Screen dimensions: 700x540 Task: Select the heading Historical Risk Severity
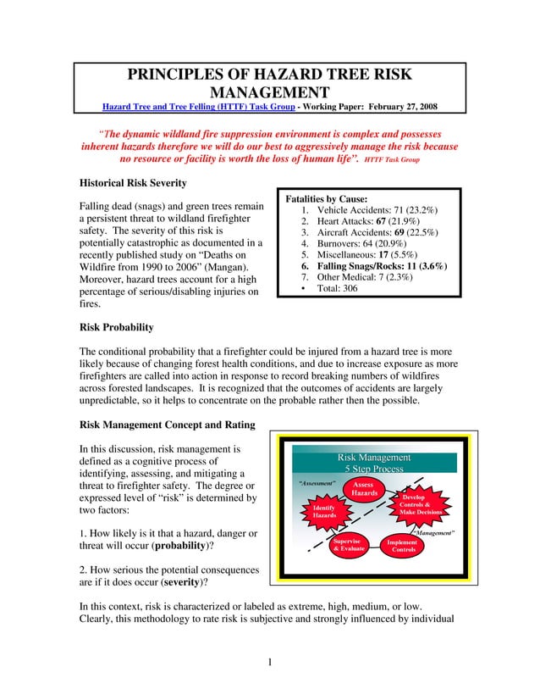pyautogui.click(x=132, y=183)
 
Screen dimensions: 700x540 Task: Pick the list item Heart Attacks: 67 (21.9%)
pyautogui.click(x=371, y=222)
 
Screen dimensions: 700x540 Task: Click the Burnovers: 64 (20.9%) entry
pyautogui.click(x=366, y=246)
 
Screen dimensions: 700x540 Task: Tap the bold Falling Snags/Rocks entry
pyautogui.click(x=382, y=266)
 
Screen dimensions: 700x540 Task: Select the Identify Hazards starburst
pyautogui.click(x=323, y=511)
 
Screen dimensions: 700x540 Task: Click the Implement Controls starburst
pyautogui.click(x=403, y=546)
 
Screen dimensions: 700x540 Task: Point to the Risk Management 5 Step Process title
pyautogui.click(x=374, y=463)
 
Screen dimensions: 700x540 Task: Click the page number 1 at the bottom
pyautogui.click(x=269, y=661)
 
